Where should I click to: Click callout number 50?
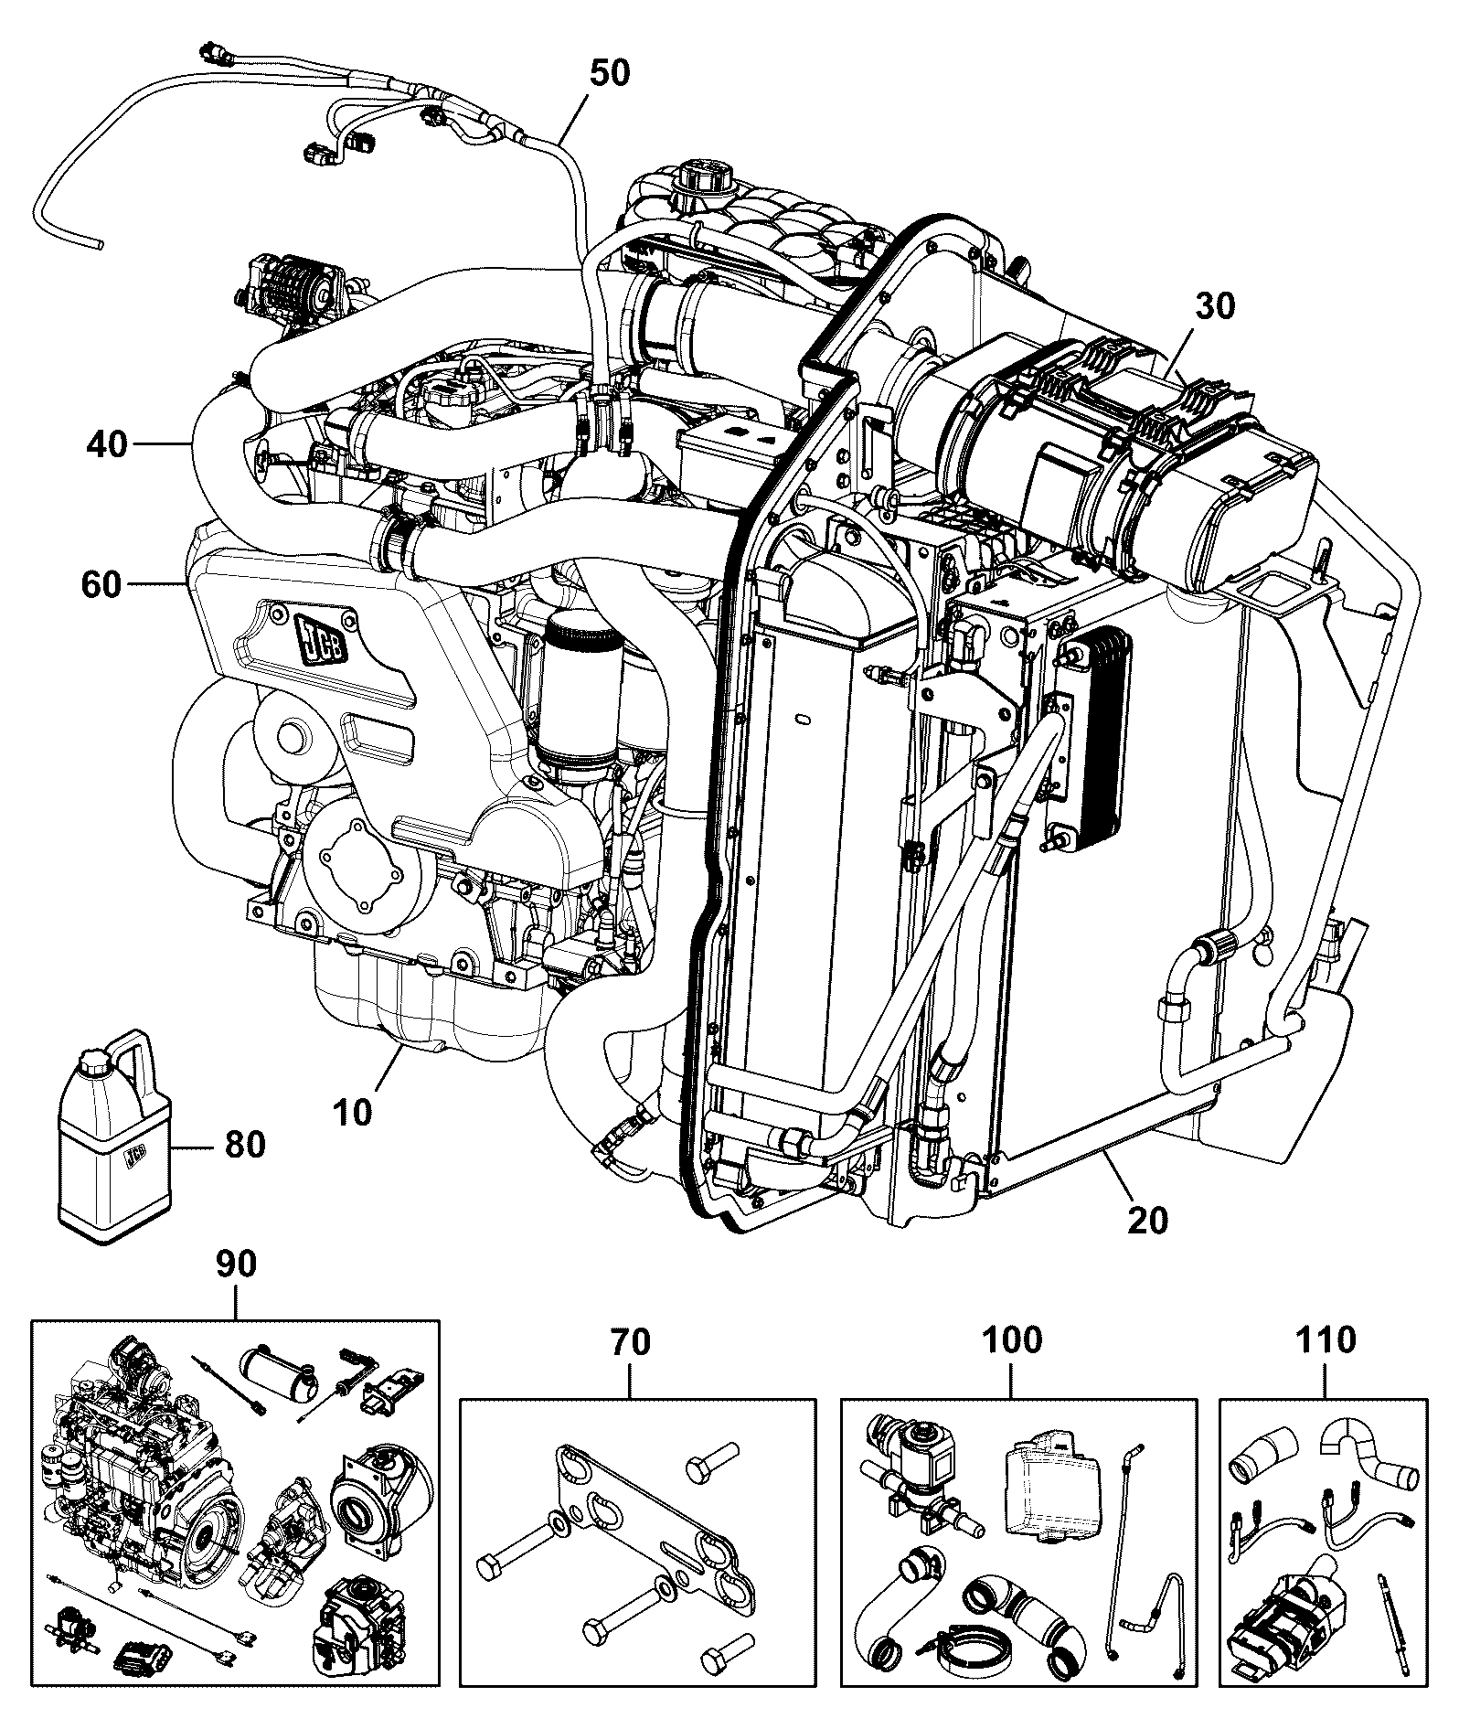click(609, 72)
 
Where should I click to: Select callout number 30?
click(1215, 306)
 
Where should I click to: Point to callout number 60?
click(101, 584)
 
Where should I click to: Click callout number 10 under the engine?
click(353, 1113)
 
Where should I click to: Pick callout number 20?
click(1148, 1221)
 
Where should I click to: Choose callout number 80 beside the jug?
click(244, 1145)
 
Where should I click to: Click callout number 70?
click(630, 1369)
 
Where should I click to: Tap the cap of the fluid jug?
click(92, 1063)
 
